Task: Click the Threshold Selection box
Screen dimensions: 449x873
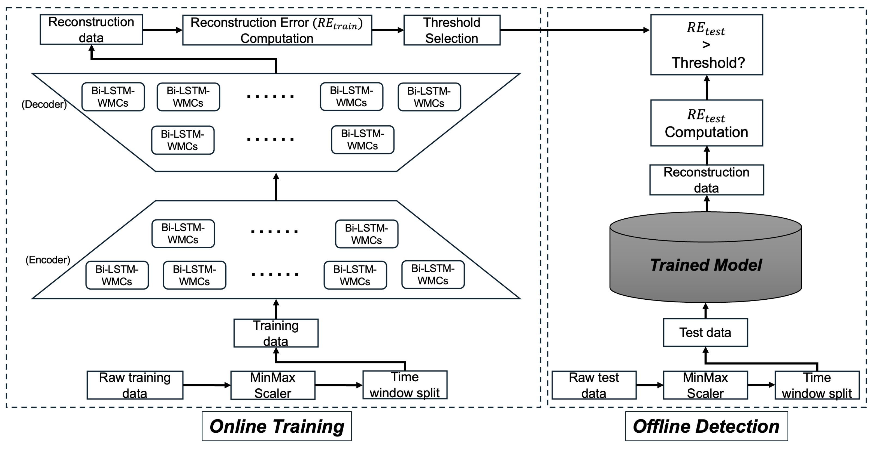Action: pyautogui.click(x=452, y=30)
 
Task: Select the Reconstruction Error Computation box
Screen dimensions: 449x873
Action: pyautogui.click(x=277, y=30)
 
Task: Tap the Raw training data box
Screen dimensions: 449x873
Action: pyautogui.click(x=135, y=385)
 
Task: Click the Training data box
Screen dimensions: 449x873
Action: pyautogui.click(x=276, y=333)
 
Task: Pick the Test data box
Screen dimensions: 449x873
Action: pyautogui.click(x=705, y=332)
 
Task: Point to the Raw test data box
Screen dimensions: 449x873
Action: pyautogui.click(x=594, y=385)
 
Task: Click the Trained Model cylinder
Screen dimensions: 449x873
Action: pyautogui.click(x=706, y=264)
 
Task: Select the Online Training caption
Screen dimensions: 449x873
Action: pyautogui.click(x=277, y=426)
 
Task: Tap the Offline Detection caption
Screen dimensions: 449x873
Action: pyautogui.click(x=706, y=426)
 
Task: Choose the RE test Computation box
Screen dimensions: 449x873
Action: pyautogui.click(x=707, y=123)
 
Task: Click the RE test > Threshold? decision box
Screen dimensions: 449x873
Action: pyautogui.click(x=707, y=45)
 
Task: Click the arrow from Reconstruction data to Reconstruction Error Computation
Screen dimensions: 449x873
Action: pyautogui.click(x=162, y=30)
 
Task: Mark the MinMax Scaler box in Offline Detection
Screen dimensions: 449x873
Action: pyautogui.click(x=705, y=385)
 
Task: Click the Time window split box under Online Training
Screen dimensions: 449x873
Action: pyautogui.click(x=405, y=385)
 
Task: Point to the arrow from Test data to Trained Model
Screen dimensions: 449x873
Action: pyautogui.click(x=706, y=311)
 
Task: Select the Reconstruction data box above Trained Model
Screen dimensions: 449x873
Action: pyautogui.click(x=707, y=180)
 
